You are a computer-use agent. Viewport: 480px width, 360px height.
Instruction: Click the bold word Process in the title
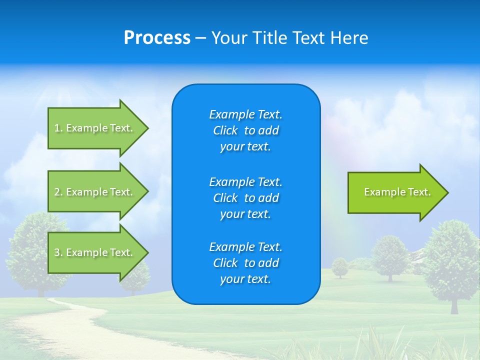click(x=157, y=38)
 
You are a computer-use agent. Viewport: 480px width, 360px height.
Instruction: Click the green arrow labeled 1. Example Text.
click(x=95, y=128)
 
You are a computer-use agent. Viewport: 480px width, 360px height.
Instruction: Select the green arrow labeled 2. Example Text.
click(x=95, y=192)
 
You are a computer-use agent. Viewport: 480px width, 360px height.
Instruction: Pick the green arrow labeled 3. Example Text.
click(x=95, y=252)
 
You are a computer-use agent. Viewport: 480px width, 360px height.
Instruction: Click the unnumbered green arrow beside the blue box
click(x=395, y=192)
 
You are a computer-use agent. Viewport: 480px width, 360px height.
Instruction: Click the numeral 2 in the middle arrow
click(x=57, y=192)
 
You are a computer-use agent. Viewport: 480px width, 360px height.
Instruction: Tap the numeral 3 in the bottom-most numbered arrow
click(x=57, y=252)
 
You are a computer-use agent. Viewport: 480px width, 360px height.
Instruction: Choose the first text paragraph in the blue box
click(x=245, y=130)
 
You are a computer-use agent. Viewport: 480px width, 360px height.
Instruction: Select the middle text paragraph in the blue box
click(x=245, y=198)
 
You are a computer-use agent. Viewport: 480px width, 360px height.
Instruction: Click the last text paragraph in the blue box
click(x=245, y=263)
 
